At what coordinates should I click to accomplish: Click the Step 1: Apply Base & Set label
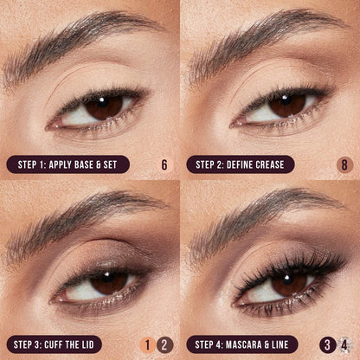(x=68, y=164)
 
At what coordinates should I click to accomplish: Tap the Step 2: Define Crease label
(x=240, y=164)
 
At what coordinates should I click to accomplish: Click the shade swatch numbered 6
(x=164, y=164)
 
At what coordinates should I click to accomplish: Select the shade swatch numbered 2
(x=165, y=344)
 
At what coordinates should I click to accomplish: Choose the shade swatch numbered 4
(x=344, y=344)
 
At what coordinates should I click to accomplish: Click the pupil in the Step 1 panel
(x=103, y=106)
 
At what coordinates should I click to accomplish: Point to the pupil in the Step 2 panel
(x=285, y=105)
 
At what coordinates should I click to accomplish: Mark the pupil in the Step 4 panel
(x=289, y=283)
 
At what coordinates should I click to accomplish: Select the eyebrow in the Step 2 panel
(x=264, y=36)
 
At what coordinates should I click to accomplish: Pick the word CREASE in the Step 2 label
(x=267, y=164)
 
